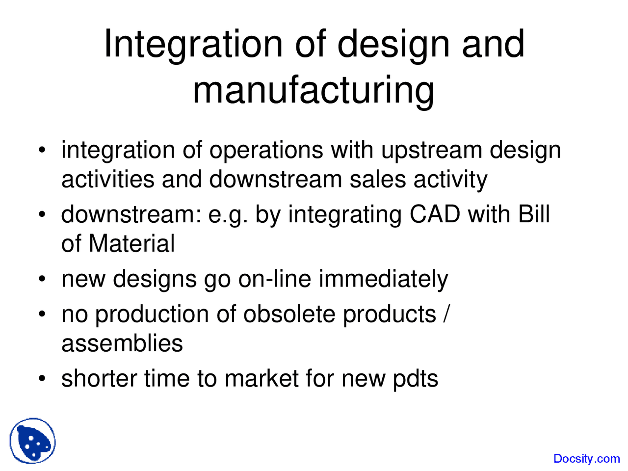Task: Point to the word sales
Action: pyautogui.click(x=377, y=179)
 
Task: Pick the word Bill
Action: pyautogui.click(x=534, y=214)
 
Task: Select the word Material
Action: pyautogui.click(x=131, y=244)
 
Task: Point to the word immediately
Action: pyautogui.click(x=383, y=279)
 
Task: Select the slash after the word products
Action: pyautogui.click(x=445, y=314)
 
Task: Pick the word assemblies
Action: pyautogui.click(x=122, y=343)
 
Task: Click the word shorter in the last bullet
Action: pyautogui.click(x=99, y=379)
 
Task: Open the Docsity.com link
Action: pyautogui.click(x=586, y=459)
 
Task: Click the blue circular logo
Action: pyautogui.click(x=32, y=441)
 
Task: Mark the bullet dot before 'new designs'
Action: pyautogui.click(x=43, y=280)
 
